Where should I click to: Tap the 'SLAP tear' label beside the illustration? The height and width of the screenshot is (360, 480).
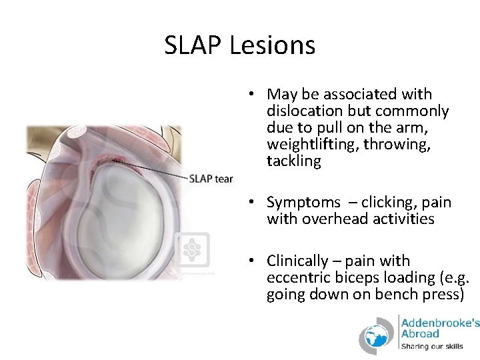point(211,179)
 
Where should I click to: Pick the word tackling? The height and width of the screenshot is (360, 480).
point(293,161)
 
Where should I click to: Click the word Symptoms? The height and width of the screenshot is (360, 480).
point(304,202)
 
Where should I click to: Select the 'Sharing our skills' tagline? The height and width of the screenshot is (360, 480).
point(431,346)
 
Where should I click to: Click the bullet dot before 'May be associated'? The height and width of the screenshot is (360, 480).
point(256,95)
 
